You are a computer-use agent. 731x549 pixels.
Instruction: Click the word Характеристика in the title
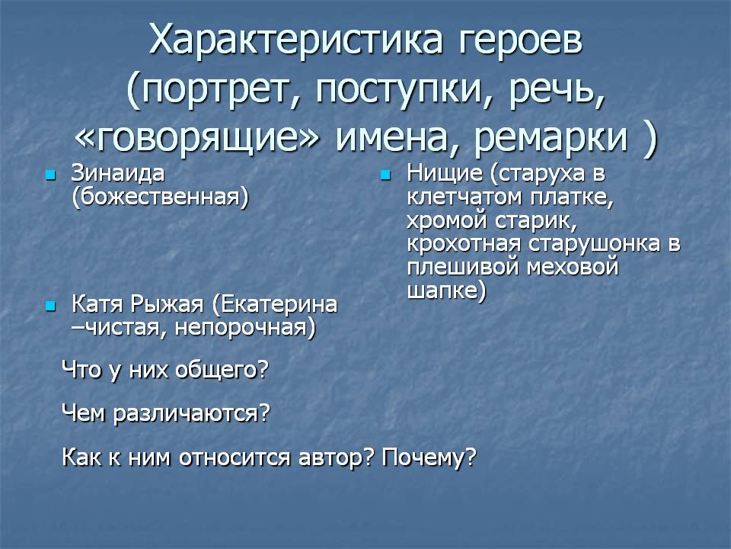pyautogui.click(x=295, y=40)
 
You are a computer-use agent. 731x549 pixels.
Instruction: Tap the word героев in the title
pyautogui.click(x=521, y=41)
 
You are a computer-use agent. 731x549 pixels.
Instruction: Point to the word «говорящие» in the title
pyautogui.click(x=197, y=138)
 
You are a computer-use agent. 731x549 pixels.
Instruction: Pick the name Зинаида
pyautogui.click(x=118, y=173)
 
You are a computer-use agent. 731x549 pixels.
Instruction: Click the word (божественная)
pyautogui.click(x=161, y=197)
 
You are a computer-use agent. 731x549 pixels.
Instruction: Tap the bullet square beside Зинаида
pyautogui.click(x=51, y=175)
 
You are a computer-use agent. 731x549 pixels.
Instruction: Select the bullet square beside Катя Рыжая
pyautogui.click(x=51, y=307)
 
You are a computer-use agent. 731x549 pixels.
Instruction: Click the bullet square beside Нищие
pyautogui.click(x=385, y=175)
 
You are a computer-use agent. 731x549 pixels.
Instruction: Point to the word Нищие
pyautogui.click(x=445, y=174)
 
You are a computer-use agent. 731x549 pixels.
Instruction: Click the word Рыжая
pyautogui.click(x=167, y=304)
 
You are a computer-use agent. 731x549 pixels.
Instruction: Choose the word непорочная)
pyautogui.click(x=245, y=328)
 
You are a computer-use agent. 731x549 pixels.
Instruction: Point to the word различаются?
pyautogui.click(x=192, y=413)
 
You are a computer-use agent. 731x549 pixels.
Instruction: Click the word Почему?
pyautogui.click(x=429, y=457)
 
